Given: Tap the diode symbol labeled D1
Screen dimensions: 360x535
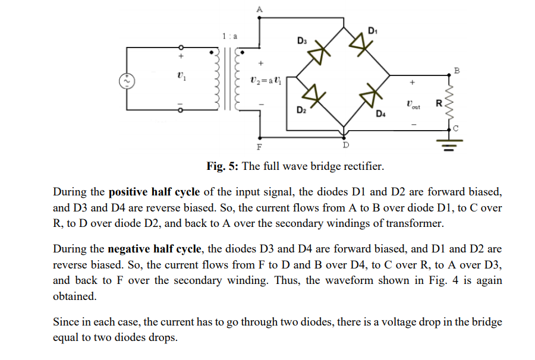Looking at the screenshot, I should pos(358,42).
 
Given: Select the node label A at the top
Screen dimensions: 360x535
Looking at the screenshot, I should pos(259,8).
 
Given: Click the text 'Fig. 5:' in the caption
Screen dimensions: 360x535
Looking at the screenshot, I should pos(222,166).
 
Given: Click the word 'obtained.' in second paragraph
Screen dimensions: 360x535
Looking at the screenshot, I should pos(74,295).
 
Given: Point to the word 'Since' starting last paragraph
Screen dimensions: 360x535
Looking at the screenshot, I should pos(66,322).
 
